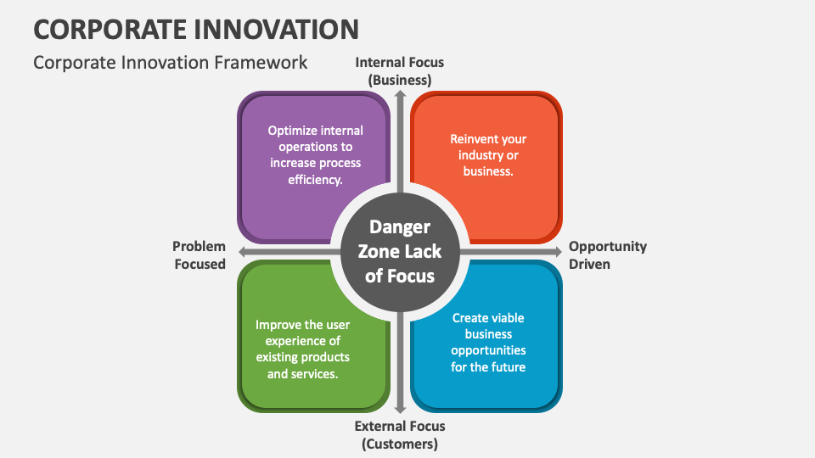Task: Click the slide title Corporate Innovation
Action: point(196,29)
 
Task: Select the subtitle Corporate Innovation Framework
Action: point(170,63)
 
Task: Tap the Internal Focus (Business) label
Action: point(400,71)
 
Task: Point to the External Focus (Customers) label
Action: point(400,434)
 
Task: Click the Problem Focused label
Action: point(200,254)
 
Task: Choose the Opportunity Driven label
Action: point(607,254)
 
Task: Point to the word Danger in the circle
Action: point(400,227)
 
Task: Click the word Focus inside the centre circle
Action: point(413,276)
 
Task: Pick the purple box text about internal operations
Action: point(316,154)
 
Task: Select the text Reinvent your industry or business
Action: point(488,154)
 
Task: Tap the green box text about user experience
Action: point(303,349)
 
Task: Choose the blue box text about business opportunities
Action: point(488,342)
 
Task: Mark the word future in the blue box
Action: point(507,367)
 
